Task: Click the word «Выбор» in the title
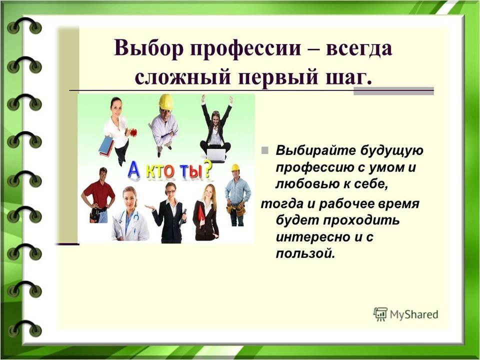coord(148,48)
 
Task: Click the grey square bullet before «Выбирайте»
coord(265,150)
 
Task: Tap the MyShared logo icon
coord(380,314)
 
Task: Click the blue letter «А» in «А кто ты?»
coord(134,169)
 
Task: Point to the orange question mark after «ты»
coord(207,169)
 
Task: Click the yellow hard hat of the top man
coord(166,101)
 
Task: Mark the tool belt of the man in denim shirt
coord(236,209)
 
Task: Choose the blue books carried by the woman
coord(106,146)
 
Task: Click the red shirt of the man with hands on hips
coord(99,194)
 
